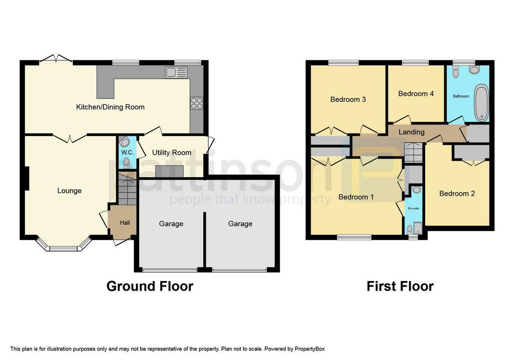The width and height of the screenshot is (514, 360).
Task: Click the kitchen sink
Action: pyautogui.click(x=176, y=72)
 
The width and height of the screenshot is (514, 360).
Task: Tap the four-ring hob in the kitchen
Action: pyautogui.click(x=197, y=103)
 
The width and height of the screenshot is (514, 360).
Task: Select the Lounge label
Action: pyautogui.click(x=69, y=190)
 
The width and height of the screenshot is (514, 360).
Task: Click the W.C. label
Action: pyautogui.click(x=127, y=153)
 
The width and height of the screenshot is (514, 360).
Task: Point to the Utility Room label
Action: pyautogui.click(x=172, y=153)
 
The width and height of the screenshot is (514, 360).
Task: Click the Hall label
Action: pyautogui.click(x=125, y=222)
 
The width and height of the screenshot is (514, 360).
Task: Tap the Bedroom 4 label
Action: pyautogui.click(x=416, y=94)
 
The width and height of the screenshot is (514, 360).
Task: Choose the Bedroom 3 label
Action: pyautogui.click(x=348, y=99)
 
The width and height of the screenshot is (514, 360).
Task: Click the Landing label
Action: pyautogui.click(x=412, y=132)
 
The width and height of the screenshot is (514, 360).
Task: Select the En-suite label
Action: pyautogui.click(x=414, y=208)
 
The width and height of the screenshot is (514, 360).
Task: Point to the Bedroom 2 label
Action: pyautogui.click(x=457, y=193)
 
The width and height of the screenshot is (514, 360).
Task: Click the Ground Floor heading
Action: pyautogui.click(x=150, y=286)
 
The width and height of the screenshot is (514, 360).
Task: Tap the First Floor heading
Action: pyautogui.click(x=400, y=286)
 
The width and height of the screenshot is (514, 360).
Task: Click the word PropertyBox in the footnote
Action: pyautogui.click(x=310, y=349)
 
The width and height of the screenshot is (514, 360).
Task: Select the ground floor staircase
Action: pyautogui.click(x=127, y=188)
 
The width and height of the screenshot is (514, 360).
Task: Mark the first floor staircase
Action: pyautogui.click(x=414, y=153)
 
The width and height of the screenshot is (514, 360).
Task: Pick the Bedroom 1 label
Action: pyautogui.click(x=356, y=197)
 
